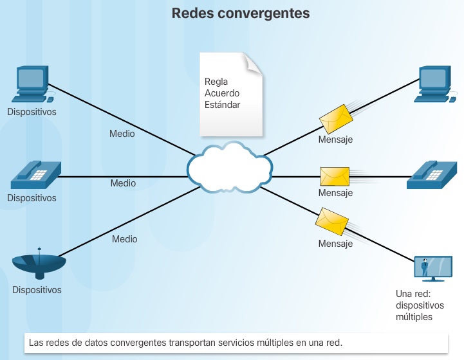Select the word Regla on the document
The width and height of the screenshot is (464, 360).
coord(216,82)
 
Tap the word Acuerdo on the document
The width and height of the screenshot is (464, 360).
coord(222,93)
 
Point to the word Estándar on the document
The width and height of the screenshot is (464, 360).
coord(223,105)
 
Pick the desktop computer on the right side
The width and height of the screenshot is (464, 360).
coord(435,83)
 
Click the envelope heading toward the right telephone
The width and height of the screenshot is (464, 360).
coord(335,176)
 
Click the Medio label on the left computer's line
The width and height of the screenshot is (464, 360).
coord(122,134)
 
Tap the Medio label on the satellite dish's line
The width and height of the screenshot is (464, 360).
coord(125,239)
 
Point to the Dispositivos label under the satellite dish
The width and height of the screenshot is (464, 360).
coord(37,290)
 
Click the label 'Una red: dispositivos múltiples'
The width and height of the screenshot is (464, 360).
coord(414,305)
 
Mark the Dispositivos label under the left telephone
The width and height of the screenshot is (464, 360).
coord(32,198)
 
